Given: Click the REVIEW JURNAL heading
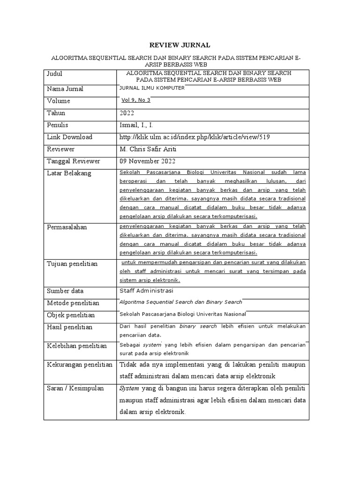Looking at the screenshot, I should point(180,45).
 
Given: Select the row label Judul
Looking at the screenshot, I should point(54,74).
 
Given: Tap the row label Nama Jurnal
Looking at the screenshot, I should point(65,89).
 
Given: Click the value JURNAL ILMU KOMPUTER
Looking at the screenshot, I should point(152,88).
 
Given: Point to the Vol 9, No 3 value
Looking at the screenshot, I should point(135,100).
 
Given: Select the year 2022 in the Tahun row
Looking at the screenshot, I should point(127,113).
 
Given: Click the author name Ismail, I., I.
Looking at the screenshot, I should point(136,125).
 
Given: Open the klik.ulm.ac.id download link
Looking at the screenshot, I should point(195,137).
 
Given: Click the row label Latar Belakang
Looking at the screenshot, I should point(69,173).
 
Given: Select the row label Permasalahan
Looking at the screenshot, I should point(67,227).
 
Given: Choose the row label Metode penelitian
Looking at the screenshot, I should point(73,303).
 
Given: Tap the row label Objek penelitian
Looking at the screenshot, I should point(70,315).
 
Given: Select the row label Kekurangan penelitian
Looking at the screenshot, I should point(80,364).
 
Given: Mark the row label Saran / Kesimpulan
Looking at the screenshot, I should point(75,389).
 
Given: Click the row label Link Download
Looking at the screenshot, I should point(69,137).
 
